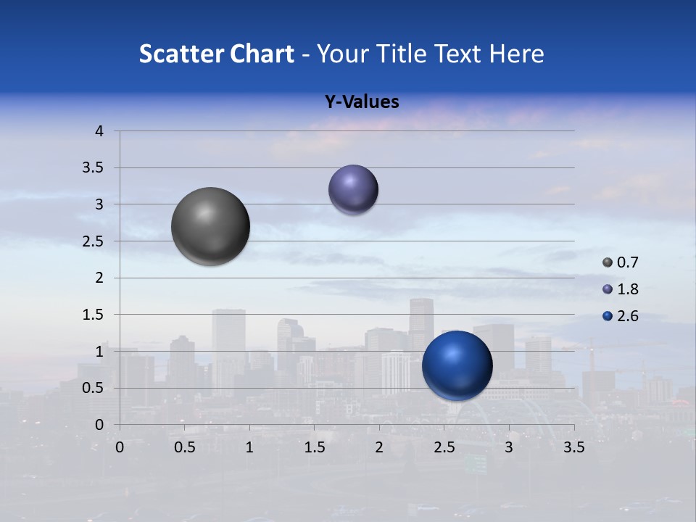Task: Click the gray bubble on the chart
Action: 211,226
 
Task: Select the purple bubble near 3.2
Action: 353,189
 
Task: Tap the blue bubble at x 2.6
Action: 457,365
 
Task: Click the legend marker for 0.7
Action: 608,262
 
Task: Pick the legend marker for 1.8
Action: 608,289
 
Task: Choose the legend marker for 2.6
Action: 608,316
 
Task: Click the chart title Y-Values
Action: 362,102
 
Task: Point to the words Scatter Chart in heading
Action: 216,54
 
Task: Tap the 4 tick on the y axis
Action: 100,131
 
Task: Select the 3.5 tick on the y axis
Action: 94,168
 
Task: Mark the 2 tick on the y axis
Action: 100,278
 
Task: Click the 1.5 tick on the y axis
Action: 94,315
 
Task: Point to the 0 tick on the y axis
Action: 100,425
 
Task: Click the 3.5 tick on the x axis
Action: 573,447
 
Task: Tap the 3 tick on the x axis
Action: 509,447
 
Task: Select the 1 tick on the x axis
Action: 249,447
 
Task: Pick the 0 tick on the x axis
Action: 120,447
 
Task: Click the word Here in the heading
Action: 516,54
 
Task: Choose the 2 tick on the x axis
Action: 379,447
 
